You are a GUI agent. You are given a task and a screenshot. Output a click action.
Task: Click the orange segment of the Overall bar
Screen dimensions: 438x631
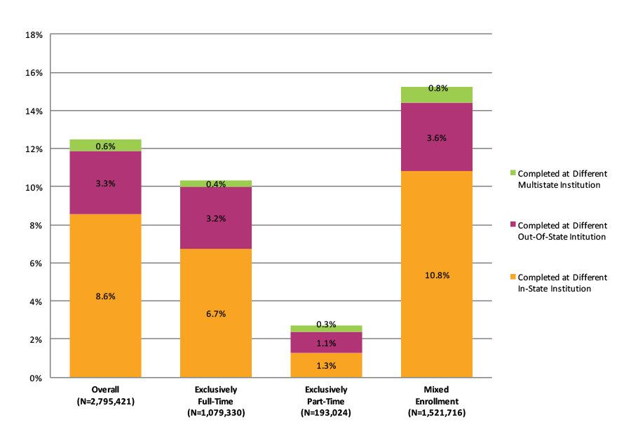105,329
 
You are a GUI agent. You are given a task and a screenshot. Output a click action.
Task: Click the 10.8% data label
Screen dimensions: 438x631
437,275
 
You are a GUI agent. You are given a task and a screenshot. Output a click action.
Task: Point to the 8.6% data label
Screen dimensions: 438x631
105,296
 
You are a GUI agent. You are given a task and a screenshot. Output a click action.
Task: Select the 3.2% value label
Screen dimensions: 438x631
216,219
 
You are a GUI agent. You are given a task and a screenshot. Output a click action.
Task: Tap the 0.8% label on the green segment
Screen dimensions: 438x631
437,89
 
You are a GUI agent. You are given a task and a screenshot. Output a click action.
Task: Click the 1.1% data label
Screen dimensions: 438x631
327,343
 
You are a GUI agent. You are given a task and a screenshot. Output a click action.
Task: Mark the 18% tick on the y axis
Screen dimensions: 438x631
34,34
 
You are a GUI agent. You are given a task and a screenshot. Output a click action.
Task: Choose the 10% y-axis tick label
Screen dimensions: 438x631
34,187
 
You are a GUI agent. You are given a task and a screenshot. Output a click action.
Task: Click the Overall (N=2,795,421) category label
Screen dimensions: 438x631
105,396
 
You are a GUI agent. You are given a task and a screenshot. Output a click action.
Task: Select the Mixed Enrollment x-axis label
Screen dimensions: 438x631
436,401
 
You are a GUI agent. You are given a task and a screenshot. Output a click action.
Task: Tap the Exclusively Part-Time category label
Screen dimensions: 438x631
326,401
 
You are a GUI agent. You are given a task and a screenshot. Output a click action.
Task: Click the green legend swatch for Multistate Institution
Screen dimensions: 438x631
512,173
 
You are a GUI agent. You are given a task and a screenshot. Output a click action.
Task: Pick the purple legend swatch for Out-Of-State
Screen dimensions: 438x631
512,225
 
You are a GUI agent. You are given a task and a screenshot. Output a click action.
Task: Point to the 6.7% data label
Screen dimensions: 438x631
216,314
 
